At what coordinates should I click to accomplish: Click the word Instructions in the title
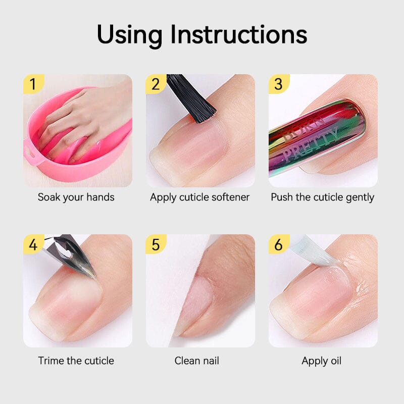click(x=239, y=34)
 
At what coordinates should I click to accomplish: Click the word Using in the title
click(x=129, y=36)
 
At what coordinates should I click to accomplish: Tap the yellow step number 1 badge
click(x=33, y=84)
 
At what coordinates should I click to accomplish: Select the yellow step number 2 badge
click(x=156, y=84)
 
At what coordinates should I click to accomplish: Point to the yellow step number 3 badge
click(x=279, y=84)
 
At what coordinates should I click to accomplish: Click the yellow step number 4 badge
click(x=33, y=244)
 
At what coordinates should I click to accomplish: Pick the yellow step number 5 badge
click(x=156, y=244)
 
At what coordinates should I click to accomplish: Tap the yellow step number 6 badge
click(x=279, y=244)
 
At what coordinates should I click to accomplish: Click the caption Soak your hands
click(x=76, y=197)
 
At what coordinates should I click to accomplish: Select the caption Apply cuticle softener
click(x=199, y=197)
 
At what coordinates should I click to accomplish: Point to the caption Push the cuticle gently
click(x=323, y=197)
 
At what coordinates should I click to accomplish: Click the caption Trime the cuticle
click(x=76, y=361)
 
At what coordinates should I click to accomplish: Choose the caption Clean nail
click(x=196, y=361)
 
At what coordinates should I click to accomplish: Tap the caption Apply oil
click(x=322, y=361)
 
